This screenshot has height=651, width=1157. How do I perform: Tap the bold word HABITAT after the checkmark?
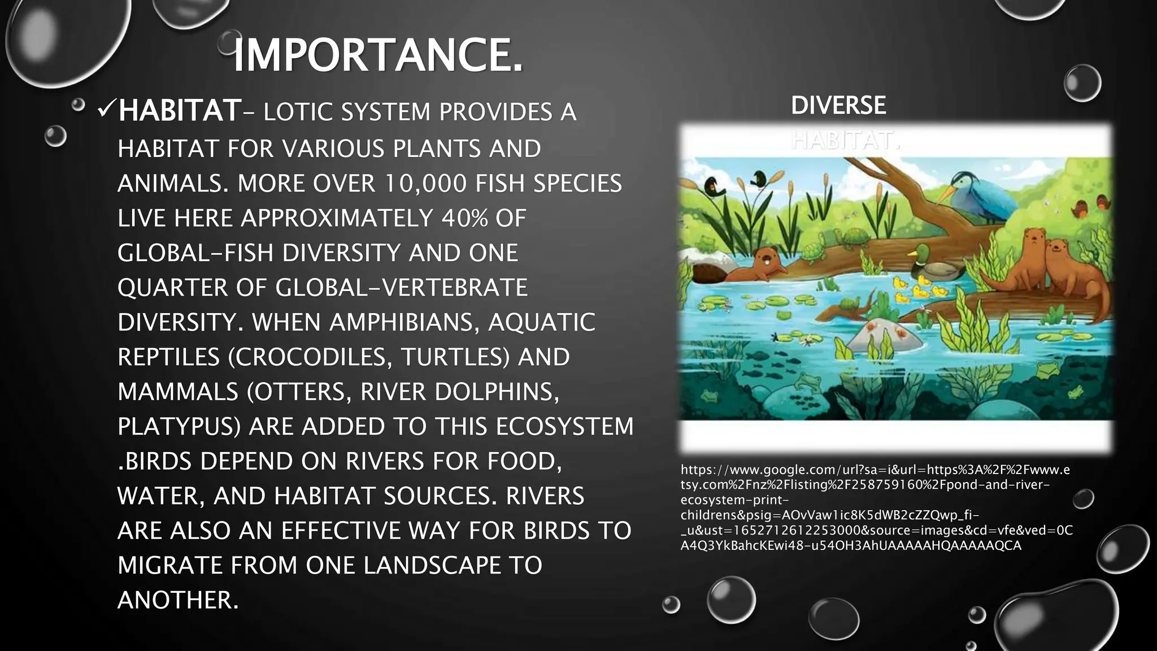[180, 111]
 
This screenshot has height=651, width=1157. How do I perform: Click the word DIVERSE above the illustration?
[838, 106]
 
